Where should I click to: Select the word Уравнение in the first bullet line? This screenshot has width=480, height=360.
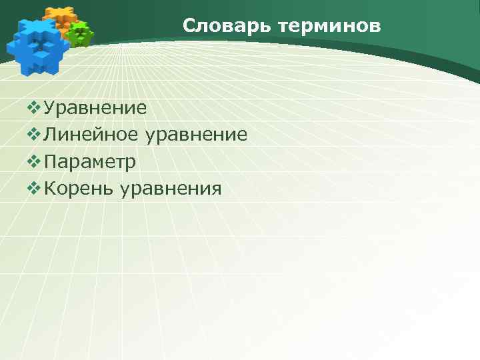pyautogui.click(x=95, y=107)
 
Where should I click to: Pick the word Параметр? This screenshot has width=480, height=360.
pyautogui.click(x=90, y=162)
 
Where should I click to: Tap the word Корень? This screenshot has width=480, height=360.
pyautogui.click(x=79, y=189)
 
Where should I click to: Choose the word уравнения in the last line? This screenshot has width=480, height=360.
pyautogui.click(x=171, y=190)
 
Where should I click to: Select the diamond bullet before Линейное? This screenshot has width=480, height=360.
pyautogui.click(x=35, y=135)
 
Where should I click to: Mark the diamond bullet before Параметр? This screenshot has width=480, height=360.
pyautogui.click(x=35, y=162)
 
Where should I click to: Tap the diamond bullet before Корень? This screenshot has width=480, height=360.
pyautogui.click(x=35, y=189)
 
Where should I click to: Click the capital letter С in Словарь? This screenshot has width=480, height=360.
pyautogui.click(x=189, y=27)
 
